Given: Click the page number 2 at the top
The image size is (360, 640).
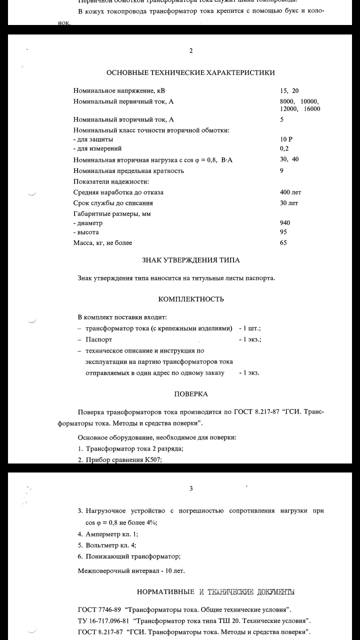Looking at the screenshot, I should coord(191,50).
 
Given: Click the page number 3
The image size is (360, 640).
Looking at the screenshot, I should coord(191,488).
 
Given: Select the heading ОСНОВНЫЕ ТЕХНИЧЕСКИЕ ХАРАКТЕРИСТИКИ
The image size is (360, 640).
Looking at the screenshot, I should coord(190,73).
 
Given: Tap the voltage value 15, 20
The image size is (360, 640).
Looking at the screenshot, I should coord(289,91).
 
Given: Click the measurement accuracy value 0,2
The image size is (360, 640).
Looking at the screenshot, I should coord(284,148).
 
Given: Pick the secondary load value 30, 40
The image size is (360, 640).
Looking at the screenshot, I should coord(289,159).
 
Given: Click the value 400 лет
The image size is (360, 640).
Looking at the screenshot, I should coord(290,192).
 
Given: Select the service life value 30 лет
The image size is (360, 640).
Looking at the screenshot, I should coord(289,203).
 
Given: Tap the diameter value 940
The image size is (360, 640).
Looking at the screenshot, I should coord(285,223).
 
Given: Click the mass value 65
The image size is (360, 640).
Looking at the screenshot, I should coord(283,243).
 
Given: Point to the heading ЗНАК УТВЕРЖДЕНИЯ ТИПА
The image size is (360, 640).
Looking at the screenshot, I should coord(191,260).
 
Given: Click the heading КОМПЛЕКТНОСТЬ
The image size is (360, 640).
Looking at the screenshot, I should coord(191,299).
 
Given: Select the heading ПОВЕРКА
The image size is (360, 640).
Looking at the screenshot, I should coord(191,394).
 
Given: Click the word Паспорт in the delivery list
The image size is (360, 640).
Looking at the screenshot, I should coord(98,339).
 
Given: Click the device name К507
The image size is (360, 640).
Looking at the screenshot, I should coord(152,459).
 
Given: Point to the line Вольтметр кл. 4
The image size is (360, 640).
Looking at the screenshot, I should coord(107,545).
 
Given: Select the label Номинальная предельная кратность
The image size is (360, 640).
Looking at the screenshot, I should coord(128,171).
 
